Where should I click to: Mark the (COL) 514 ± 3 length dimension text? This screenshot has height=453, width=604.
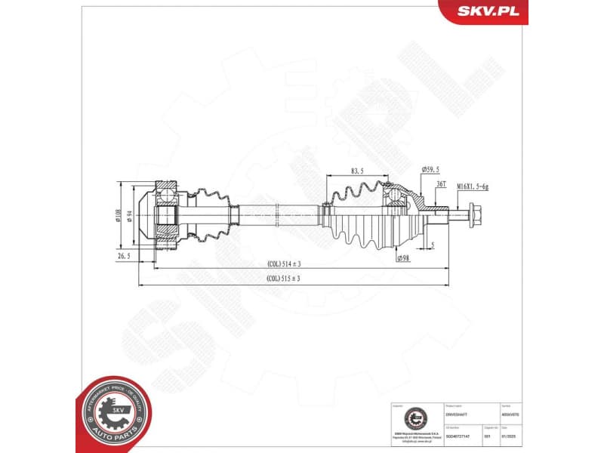(x=284, y=264)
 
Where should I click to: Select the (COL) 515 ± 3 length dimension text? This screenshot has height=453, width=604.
(x=284, y=279)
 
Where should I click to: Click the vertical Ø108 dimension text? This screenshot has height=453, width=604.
(x=118, y=217)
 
